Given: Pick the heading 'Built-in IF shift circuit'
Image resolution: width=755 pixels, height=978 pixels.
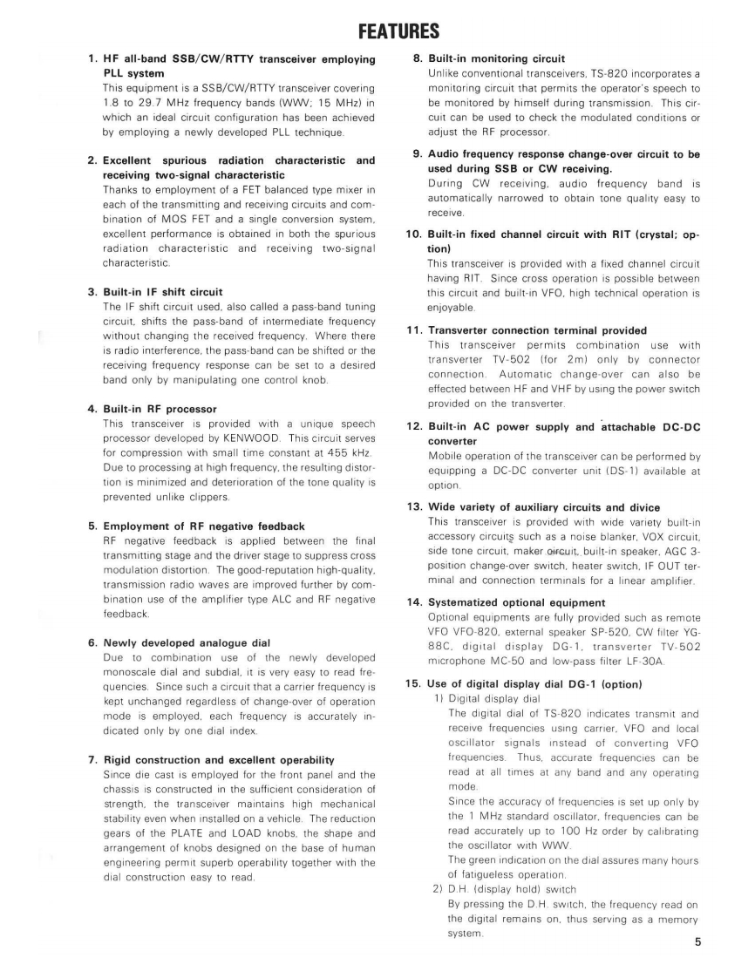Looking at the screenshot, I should tap(163, 291).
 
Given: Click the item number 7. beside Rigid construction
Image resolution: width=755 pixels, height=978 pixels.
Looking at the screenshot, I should tap(92, 760).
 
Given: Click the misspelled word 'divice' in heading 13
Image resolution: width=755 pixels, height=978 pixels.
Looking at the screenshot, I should tap(641, 507).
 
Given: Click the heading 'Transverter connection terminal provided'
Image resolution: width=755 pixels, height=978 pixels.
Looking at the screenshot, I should tap(538, 330).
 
